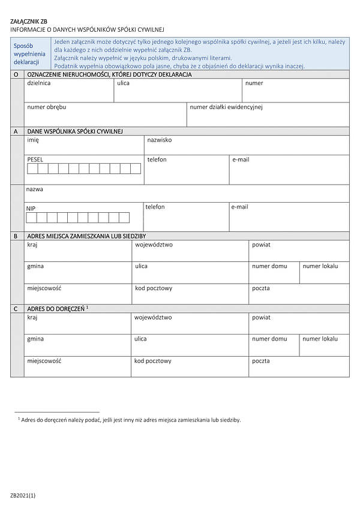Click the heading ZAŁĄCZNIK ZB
tap(28, 21)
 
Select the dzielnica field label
tap(39, 83)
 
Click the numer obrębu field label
tap(47, 107)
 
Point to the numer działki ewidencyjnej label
tap(226, 107)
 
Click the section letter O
tap(16, 74)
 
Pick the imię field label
tap(33, 140)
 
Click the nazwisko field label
tap(160, 140)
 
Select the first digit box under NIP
tap(31, 217)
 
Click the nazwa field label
tap(35, 189)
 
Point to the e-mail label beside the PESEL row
tap(241, 160)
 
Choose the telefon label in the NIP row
tap(155, 207)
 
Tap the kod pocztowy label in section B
tap(154, 288)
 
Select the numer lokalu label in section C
tap(320, 339)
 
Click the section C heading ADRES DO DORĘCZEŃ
tap(56, 309)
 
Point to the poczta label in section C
tap(261, 361)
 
